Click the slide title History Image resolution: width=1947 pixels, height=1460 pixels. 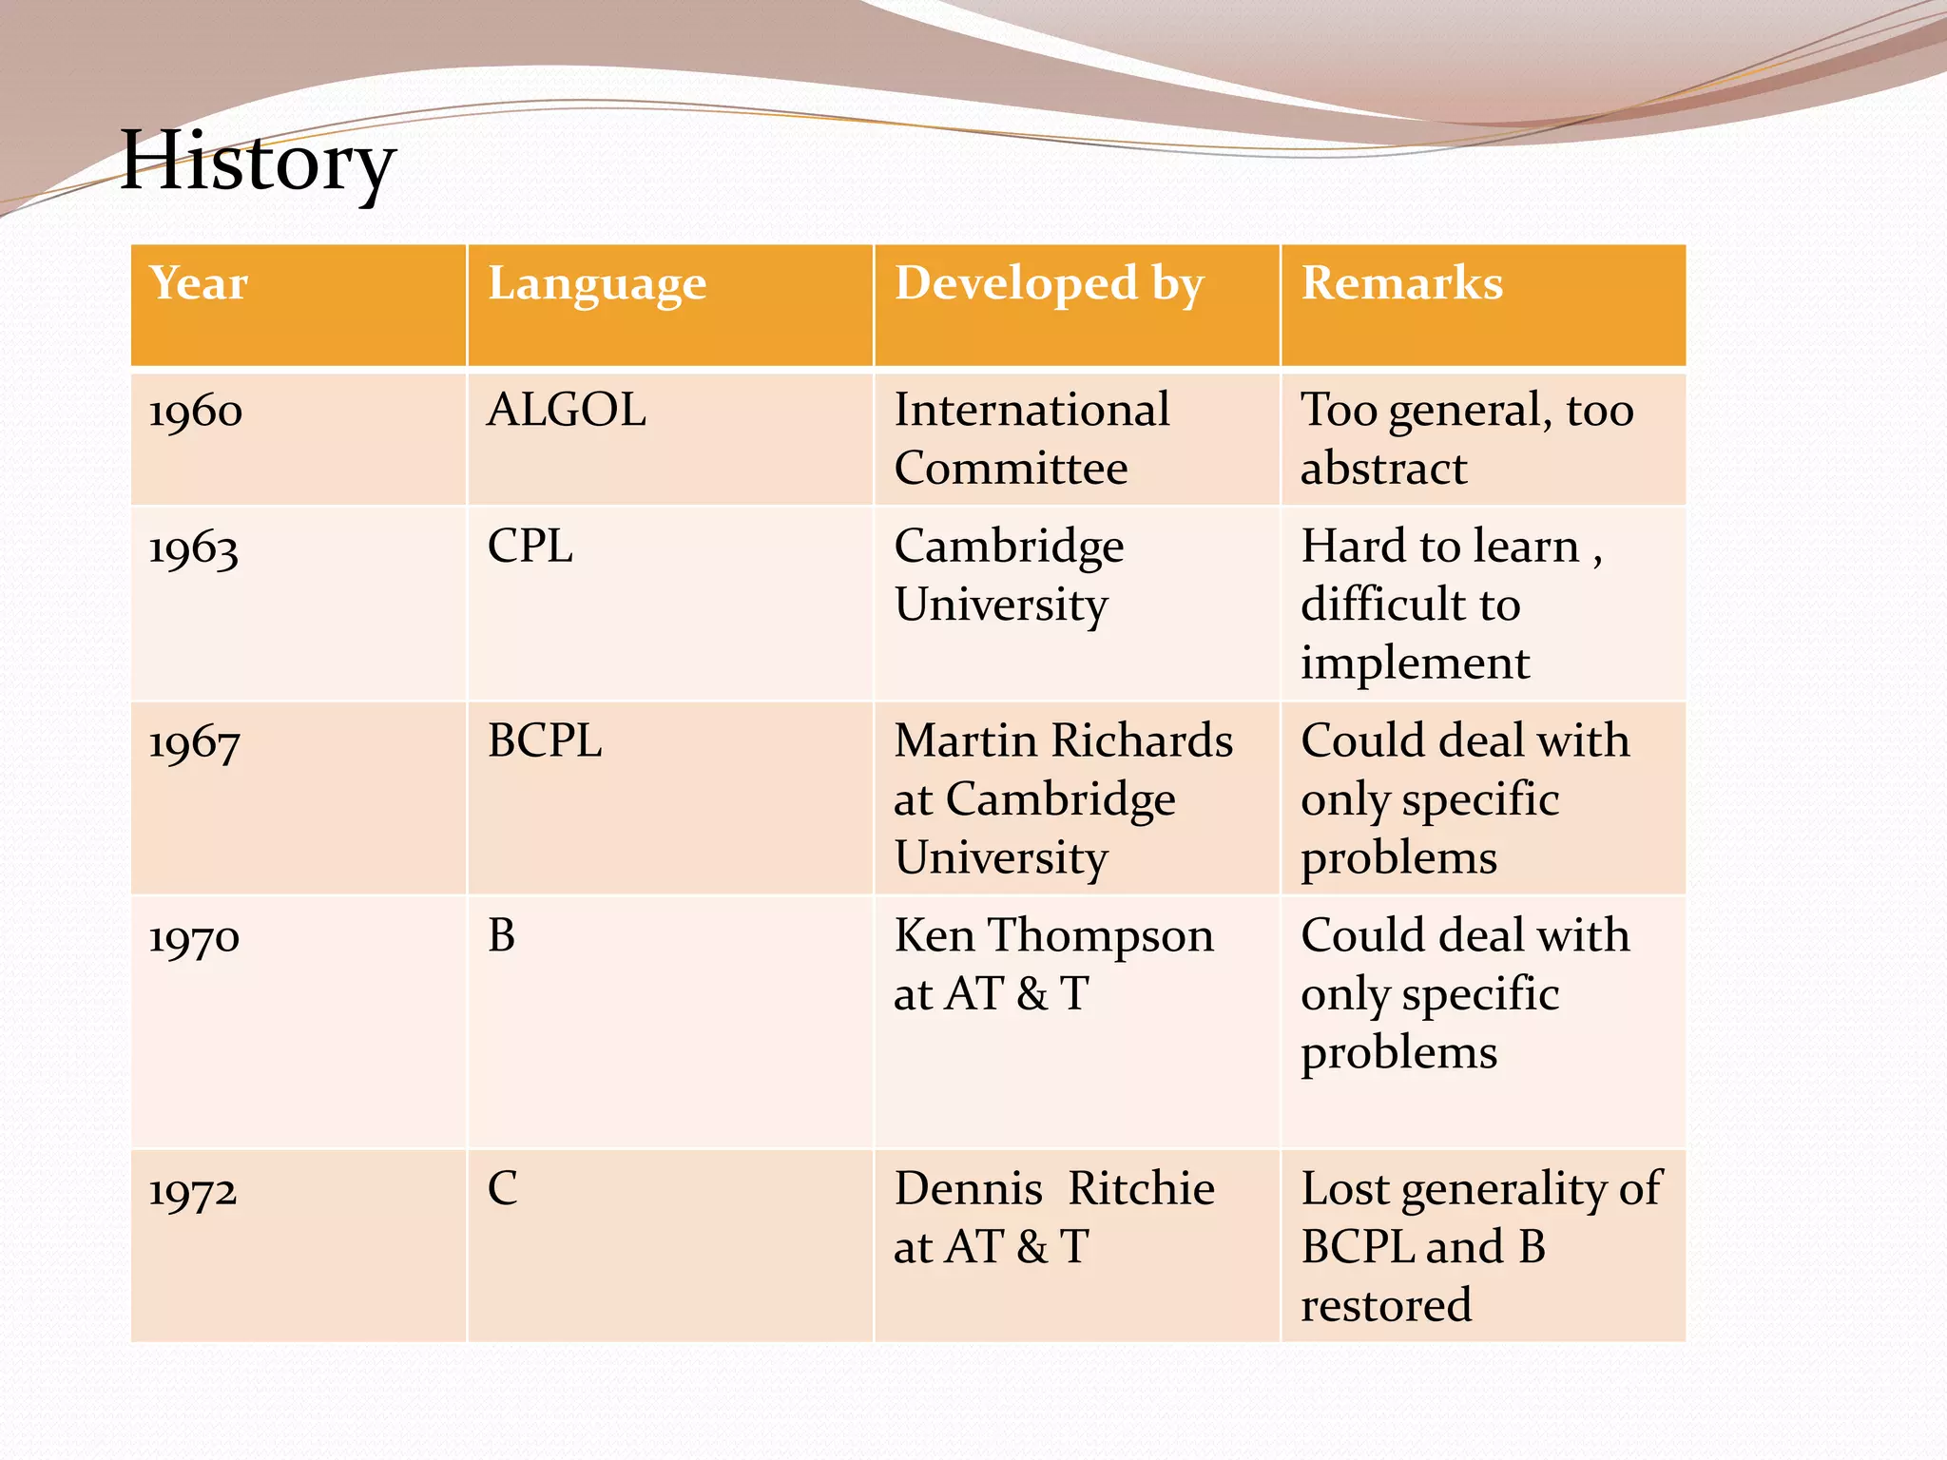(258, 163)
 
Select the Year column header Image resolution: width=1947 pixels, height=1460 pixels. (199, 283)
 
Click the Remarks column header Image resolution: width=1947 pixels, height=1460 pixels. (1402, 283)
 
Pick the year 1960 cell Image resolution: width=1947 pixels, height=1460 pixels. (196, 413)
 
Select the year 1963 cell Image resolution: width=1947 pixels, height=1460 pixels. (194, 549)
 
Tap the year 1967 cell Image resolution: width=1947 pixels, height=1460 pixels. (194, 743)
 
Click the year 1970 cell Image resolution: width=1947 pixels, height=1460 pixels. (194, 938)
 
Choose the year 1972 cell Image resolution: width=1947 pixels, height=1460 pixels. (193, 1191)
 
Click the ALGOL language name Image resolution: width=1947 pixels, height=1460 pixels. (567, 411)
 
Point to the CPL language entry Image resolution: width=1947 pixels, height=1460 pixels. (530, 547)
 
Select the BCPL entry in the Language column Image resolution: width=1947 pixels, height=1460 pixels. (545, 741)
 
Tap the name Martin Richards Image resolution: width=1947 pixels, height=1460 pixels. (1064, 741)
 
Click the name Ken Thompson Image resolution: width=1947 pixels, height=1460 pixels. (1054, 936)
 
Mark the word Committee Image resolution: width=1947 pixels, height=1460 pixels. (1011, 469)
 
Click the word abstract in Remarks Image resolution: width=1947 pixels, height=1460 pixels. (1384, 469)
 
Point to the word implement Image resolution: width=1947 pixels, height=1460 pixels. (1416, 663)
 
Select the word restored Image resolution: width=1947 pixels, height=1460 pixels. (1386, 1305)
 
